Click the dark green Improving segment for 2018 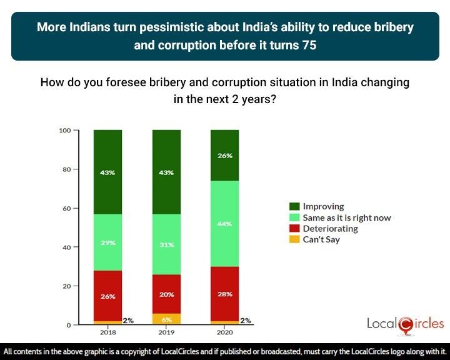107,172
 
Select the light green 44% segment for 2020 224,223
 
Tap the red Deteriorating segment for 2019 166,294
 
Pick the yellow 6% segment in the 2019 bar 166,319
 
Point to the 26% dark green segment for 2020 224,156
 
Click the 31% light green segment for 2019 166,244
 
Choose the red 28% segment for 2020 224,294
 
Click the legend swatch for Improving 294,206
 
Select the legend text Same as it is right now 347,217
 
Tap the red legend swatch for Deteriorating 294,229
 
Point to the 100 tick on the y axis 64,131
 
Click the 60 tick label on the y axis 66,208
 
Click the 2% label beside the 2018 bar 128,321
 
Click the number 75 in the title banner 307,46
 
